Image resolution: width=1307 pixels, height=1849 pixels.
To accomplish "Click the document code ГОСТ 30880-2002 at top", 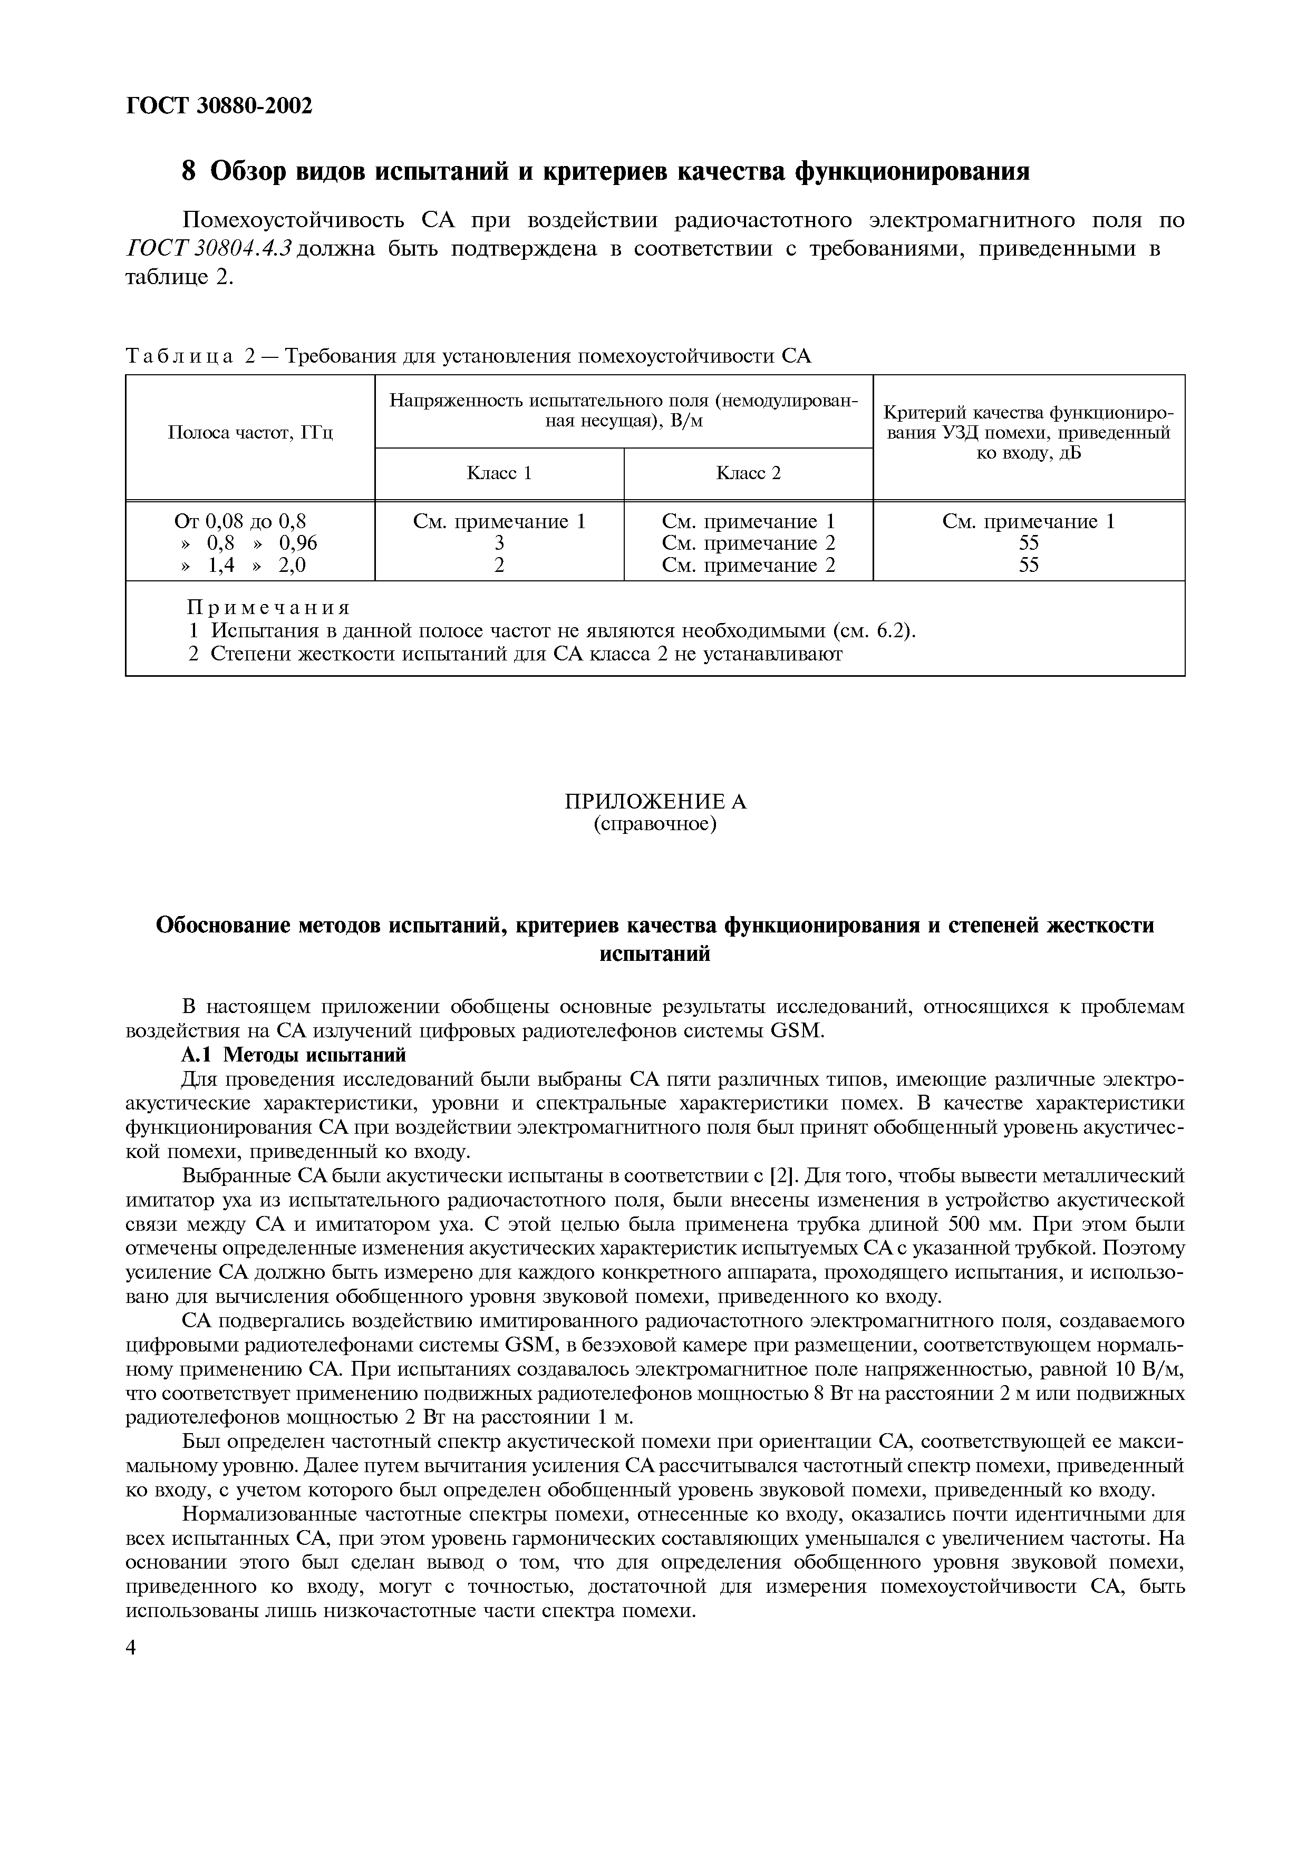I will (x=218, y=105).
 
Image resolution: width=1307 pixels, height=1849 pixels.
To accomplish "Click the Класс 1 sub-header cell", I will (x=499, y=473).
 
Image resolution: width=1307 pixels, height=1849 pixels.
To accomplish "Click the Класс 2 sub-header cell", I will (x=748, y=473).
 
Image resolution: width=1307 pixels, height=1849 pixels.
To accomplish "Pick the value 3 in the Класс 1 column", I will (x=499, y=543).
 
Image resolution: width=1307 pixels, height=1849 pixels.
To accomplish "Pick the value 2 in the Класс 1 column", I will (x=499, y=566).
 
